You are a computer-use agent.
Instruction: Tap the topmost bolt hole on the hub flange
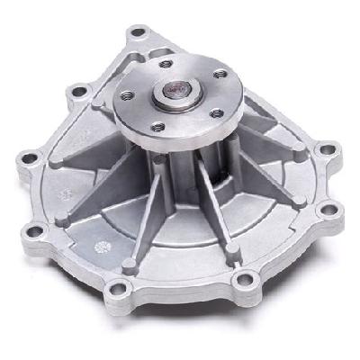tap(167, 64)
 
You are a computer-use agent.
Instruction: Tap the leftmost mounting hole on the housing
tap(30, 160)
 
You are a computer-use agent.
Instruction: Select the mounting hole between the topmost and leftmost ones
tap(77, 90)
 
